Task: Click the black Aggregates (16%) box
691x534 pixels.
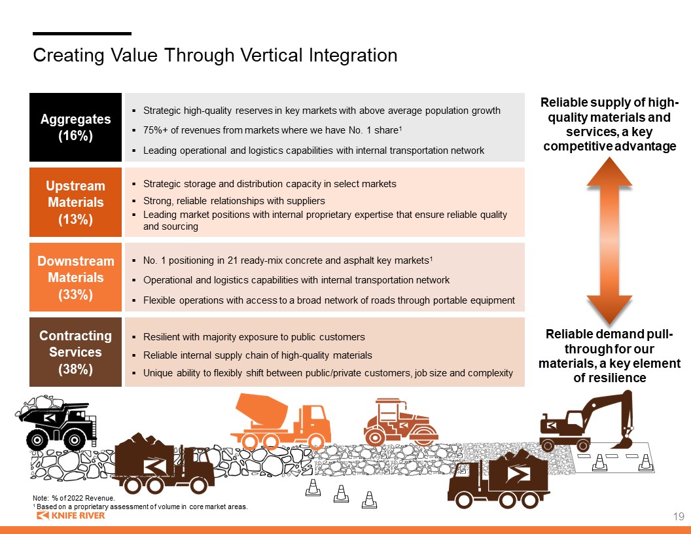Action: click(75, 127)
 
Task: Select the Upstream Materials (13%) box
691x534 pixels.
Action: click(75, 202)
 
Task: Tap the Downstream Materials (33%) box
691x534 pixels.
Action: click(75, 277)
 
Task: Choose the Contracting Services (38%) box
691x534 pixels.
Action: click(75, 352)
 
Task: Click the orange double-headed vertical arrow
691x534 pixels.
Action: click(609, 241)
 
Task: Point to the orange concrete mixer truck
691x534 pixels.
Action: click(281, 421)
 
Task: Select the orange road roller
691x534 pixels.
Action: click(400, 422)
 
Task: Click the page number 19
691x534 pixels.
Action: click(678, 516)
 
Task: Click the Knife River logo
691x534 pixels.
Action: click(71, 516)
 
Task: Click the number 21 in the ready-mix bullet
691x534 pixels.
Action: click(232, 260)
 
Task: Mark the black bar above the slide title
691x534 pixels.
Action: click(82, 33)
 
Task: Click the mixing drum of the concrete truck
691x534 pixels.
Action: click(262, 410)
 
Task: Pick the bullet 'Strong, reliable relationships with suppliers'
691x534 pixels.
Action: click(234, 201)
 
